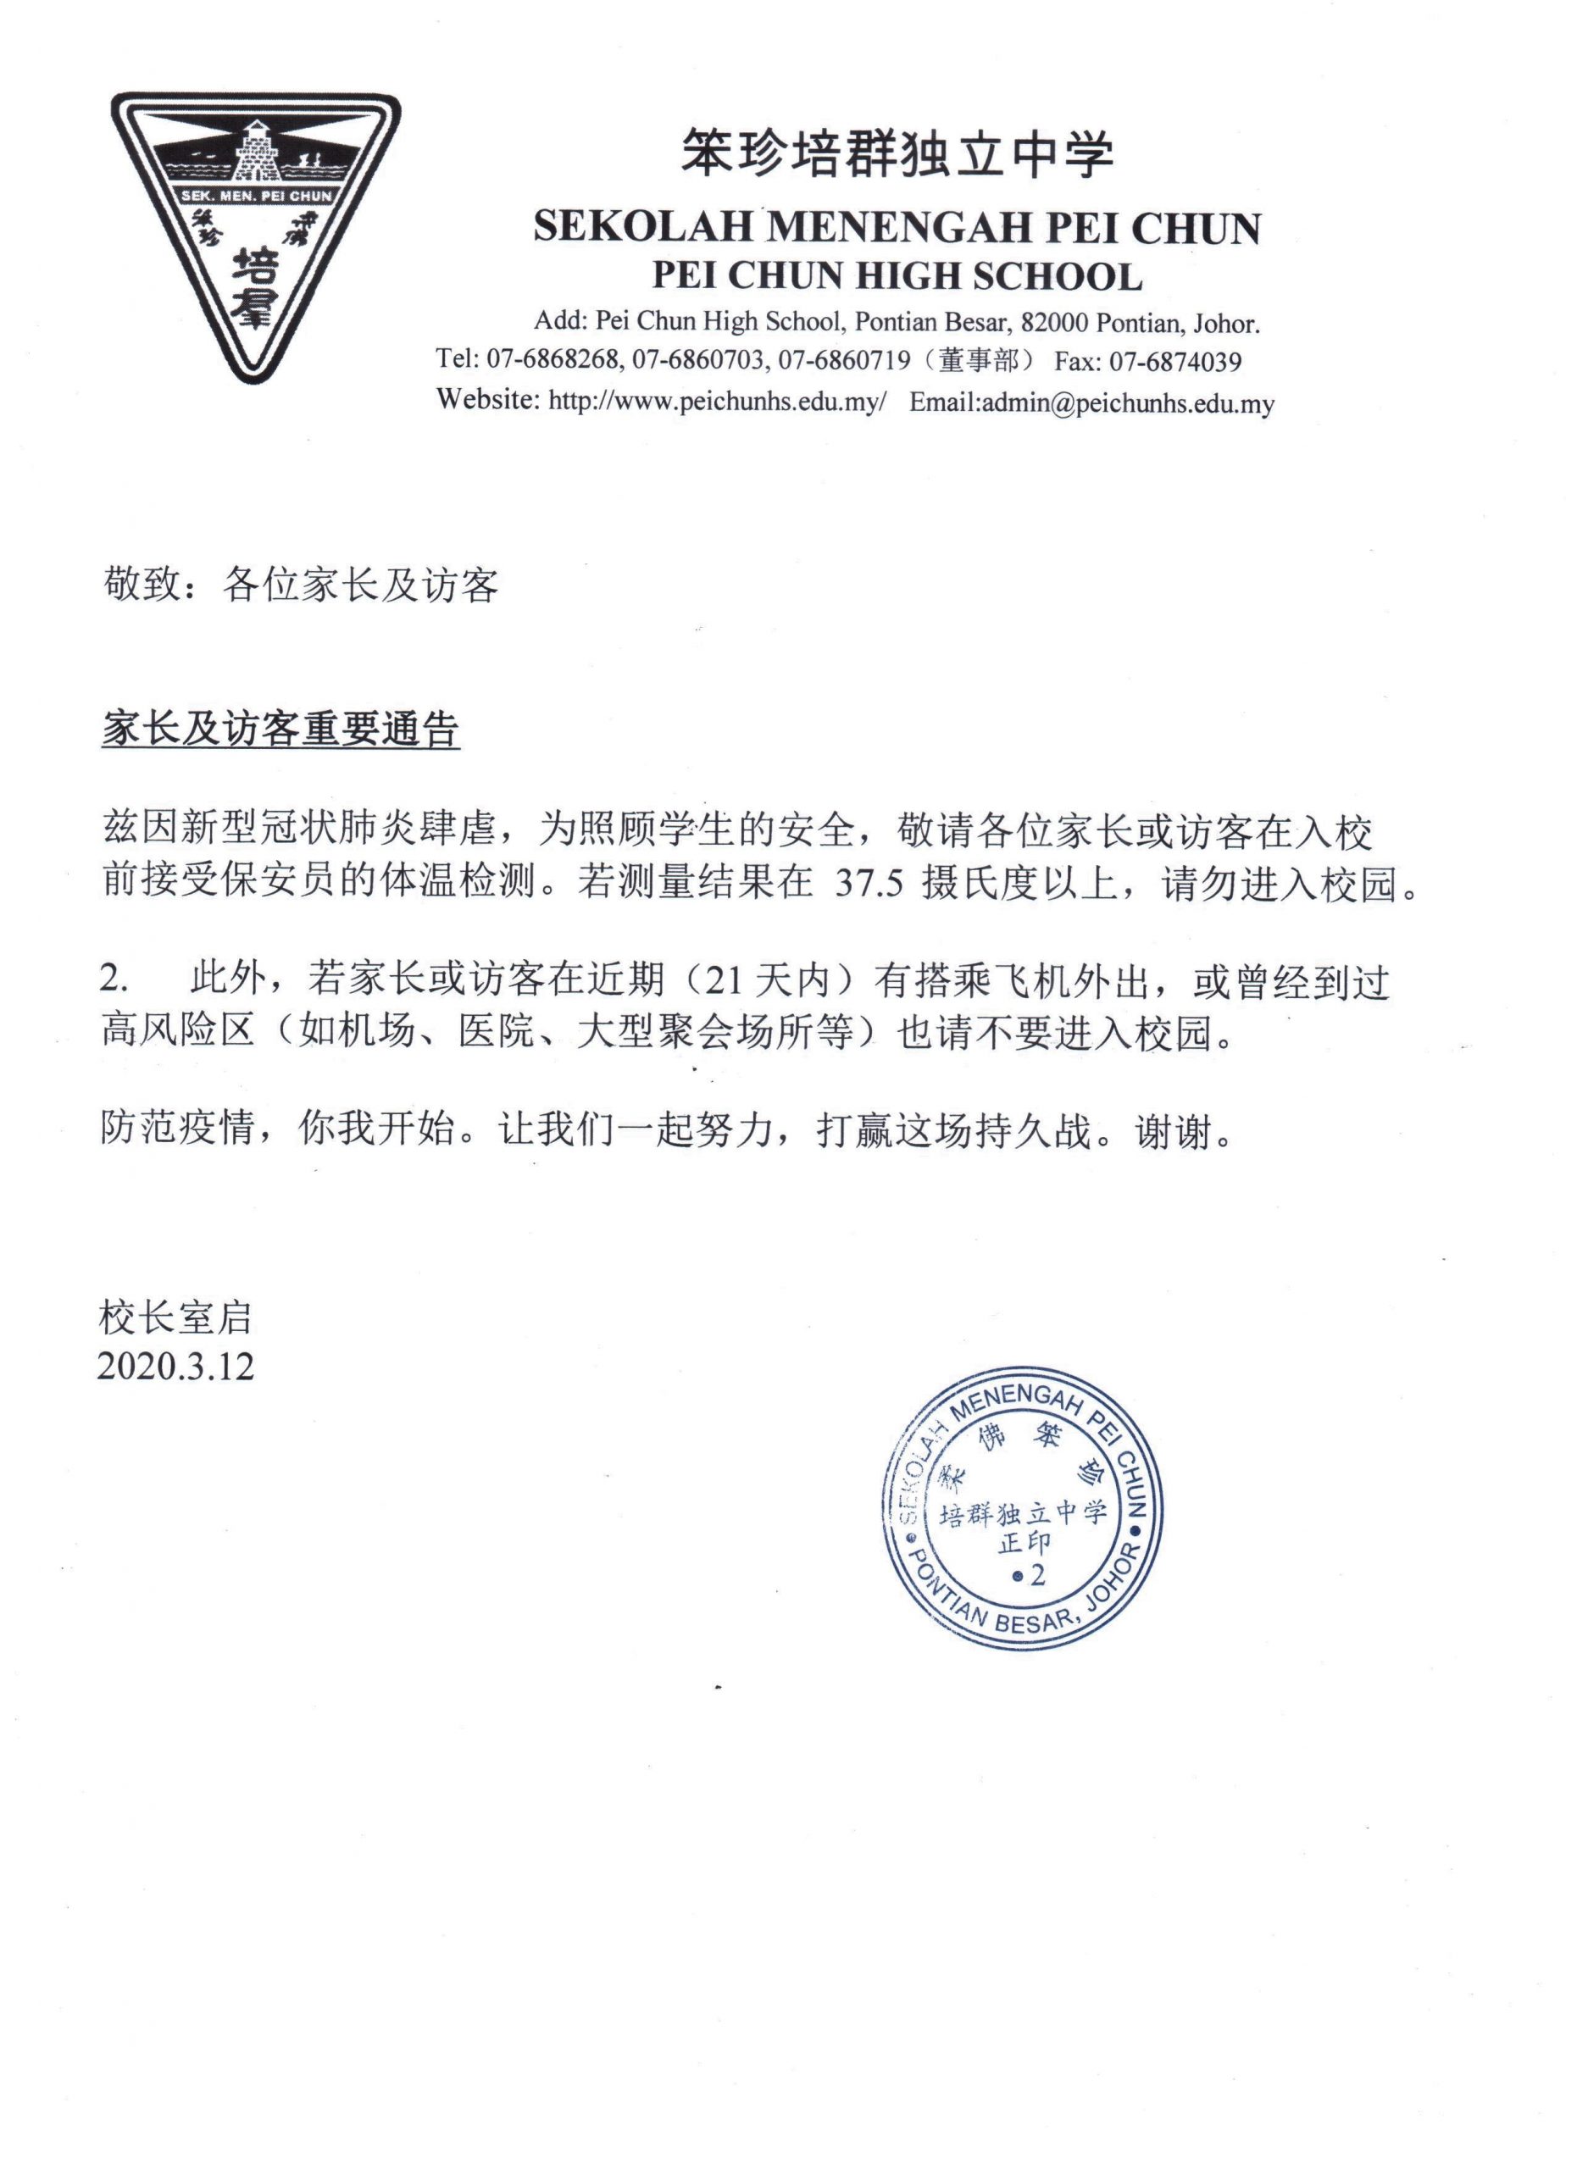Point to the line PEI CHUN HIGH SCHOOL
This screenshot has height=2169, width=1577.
pos(897,276)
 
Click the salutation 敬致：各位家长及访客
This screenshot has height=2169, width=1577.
pos(300,585)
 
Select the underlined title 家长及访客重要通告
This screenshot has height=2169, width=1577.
pos(280,730)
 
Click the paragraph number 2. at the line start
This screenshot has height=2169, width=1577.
pos(114,979)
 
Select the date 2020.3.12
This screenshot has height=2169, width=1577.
pos(176,1366)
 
